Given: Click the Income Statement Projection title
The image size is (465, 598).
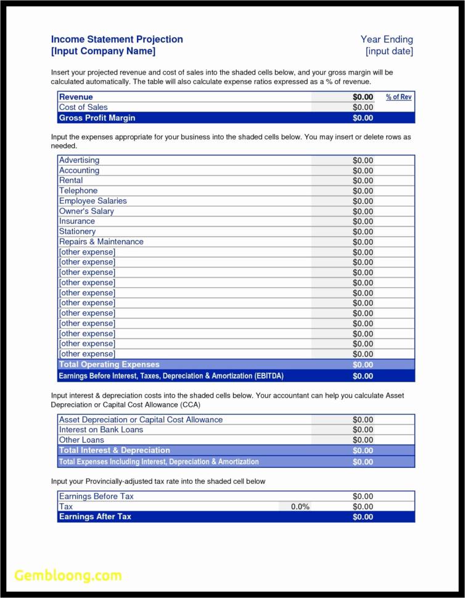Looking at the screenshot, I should tap(117, 39).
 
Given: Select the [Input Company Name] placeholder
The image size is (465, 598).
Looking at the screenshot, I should tap(103, 51).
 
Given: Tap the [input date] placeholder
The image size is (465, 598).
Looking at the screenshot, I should tap(389, 51).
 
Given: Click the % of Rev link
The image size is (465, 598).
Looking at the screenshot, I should tap(399, 97).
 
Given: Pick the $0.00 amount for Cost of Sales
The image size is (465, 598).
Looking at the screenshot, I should tap(363, 107).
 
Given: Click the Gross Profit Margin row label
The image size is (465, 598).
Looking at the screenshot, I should tap(97, 118).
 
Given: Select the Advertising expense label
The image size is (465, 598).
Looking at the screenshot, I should tap(79, 160).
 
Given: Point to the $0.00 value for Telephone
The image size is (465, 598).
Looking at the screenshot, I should tap(363, 191).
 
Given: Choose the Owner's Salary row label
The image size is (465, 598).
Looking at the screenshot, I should tap(86, 211).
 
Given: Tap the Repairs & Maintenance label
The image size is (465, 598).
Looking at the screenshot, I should tap(101, 242).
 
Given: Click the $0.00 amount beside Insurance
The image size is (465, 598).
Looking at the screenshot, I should tap(363, 221).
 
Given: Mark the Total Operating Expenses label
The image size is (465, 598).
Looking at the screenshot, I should tap(109, 364).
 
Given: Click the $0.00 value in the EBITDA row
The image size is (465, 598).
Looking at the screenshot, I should tap(363, 376).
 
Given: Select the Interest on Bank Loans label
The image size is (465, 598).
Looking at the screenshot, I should tap(101, 430).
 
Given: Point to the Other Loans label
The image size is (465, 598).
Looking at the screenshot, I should tap(82, 440).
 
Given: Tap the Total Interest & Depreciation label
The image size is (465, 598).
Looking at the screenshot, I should tap(114, 451).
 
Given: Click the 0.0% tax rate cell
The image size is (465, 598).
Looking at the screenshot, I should tap(300, 507).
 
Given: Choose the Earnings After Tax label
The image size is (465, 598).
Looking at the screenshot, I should tap(95, 517).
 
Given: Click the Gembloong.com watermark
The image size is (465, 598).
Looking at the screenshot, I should tap(68, 576).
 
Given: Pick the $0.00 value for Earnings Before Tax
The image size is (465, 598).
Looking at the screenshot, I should tap(363, 496).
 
